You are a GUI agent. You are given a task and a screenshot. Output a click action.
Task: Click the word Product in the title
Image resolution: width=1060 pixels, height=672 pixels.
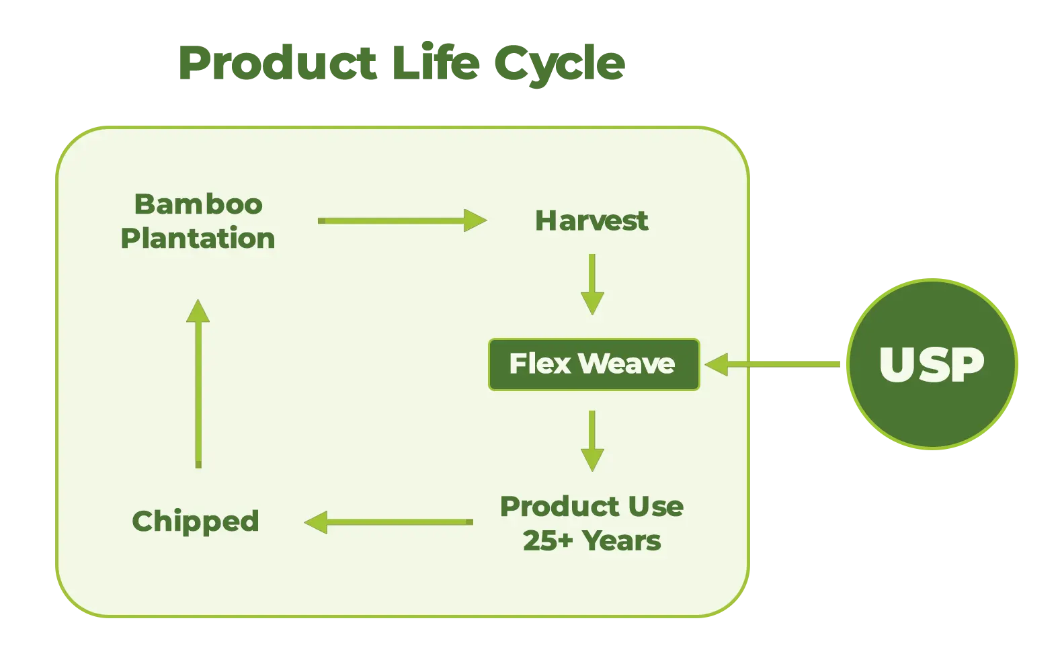[x=278, y=63]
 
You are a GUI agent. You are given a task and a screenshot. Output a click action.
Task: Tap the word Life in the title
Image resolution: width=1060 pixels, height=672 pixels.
[x=436, y=62]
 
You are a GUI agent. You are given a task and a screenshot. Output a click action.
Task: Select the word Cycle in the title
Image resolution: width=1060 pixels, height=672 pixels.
[x=560, y=65]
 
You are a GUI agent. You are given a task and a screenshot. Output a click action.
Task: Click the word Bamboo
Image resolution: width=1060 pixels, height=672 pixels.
[x=198, y=204]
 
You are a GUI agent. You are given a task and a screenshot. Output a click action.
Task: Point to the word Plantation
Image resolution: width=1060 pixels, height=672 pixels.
[x=198, y=237]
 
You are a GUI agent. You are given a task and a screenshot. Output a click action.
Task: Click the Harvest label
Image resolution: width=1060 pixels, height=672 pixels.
[x=592, y=220]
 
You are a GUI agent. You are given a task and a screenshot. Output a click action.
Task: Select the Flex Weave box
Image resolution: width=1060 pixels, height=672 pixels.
[x=594, y=364]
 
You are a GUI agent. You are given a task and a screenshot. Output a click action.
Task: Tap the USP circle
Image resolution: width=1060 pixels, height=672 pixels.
[x=932, y=364]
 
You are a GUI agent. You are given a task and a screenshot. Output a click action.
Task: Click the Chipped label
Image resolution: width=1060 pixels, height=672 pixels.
[x=196, y=521]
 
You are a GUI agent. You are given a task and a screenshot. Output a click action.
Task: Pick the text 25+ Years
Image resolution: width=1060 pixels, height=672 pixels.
[x=592, y=540]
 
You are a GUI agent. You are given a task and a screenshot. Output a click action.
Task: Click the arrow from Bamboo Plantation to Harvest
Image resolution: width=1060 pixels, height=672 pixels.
[x=402, y=220]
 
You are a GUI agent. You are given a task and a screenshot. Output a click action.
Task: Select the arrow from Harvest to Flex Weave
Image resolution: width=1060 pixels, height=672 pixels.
[x=592, y=284]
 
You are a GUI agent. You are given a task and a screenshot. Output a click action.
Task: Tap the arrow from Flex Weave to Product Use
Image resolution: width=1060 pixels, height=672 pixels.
[x=592, y=441]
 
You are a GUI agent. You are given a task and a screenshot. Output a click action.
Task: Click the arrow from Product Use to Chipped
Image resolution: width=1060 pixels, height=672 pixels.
[x=389, y=522]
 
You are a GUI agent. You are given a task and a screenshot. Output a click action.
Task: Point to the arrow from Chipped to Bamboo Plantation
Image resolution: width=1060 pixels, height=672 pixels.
[x=198, y=383]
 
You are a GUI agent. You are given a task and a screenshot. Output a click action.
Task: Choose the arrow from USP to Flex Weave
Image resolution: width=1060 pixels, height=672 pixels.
[x=772, y=364]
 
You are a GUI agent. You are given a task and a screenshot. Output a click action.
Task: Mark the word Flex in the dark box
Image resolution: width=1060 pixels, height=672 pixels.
[x=540, y=364]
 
